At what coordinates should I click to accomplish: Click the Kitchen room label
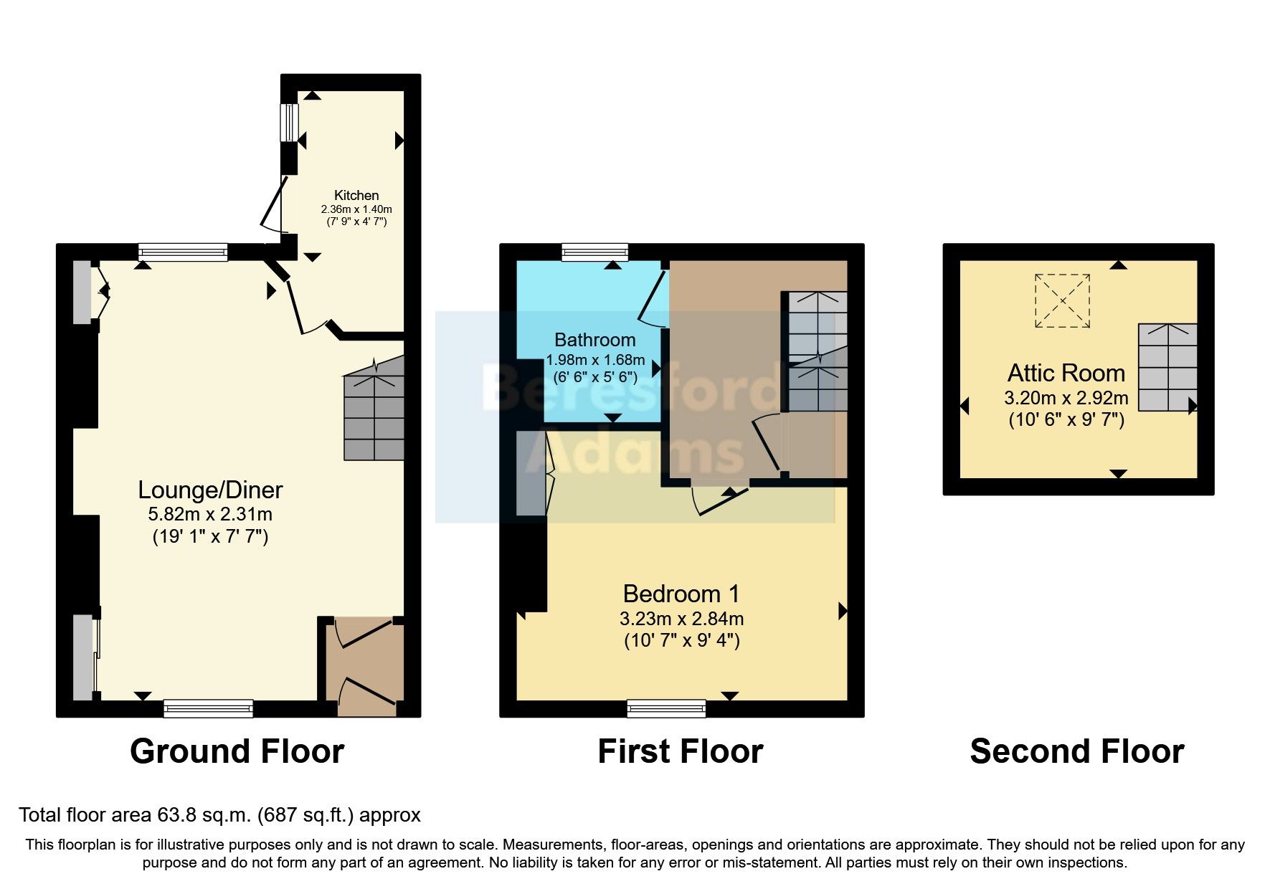[356, 195]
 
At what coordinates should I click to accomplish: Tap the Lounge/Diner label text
[210, 490]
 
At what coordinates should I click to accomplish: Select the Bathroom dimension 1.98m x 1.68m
[595, 360]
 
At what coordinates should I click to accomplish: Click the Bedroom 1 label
[681, 594]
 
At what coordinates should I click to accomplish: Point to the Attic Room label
[1066, 373]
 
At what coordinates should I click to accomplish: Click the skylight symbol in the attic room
[1062, 301]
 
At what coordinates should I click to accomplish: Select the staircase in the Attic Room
[1167, 367]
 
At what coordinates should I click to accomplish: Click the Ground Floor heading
[237, 751]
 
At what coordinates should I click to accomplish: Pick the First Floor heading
[680, 751]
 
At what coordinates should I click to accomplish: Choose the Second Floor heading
[1076, 751]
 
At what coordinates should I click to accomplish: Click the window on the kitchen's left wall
[288, 123]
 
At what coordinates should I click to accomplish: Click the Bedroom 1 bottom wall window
[666, 708]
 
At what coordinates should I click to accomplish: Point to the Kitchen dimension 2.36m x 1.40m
[356, 209]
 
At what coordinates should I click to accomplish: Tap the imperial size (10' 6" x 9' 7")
[1066, 420]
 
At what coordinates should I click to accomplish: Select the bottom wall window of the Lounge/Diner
[208, 708]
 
